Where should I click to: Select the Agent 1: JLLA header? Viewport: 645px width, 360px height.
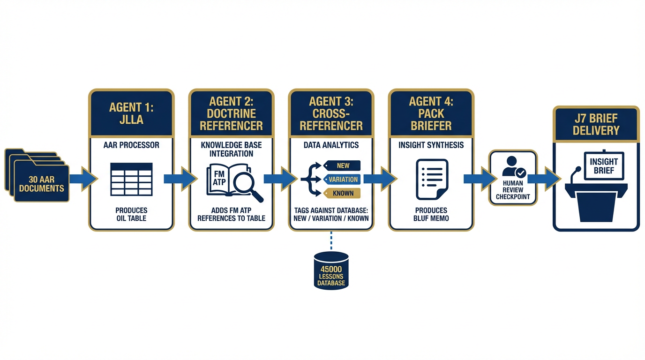131,113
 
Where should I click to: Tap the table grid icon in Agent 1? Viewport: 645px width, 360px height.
131,179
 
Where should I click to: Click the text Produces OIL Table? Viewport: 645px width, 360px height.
131,214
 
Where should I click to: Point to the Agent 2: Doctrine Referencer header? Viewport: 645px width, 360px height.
231,113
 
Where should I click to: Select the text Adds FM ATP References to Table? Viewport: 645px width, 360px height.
231,214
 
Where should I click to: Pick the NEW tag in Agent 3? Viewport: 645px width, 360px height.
343,165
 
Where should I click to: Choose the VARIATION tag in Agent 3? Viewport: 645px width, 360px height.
343,179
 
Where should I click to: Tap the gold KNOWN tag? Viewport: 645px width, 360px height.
343,193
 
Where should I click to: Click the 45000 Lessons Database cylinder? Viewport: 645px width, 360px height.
331,271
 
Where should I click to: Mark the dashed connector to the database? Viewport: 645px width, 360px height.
331,241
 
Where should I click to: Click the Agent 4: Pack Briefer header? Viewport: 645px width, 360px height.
431,113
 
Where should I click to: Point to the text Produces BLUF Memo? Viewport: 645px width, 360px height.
431,214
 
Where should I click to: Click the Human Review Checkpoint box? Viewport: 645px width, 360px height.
513,178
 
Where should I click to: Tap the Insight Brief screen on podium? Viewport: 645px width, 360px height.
604,165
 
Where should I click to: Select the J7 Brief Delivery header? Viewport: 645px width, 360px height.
596,124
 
